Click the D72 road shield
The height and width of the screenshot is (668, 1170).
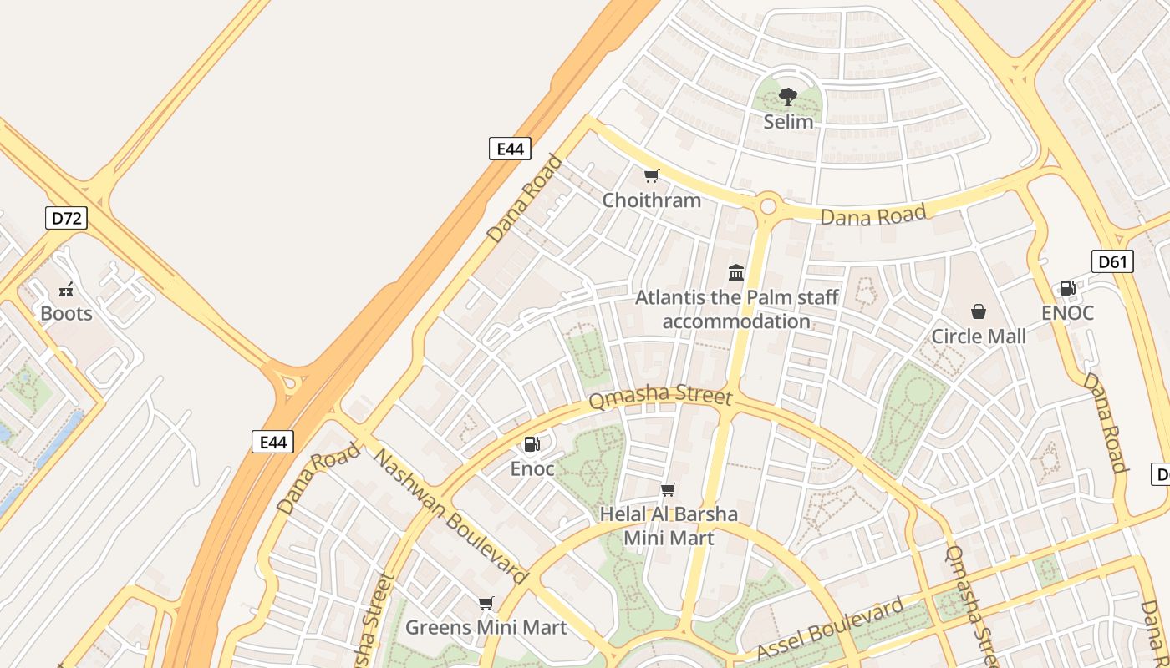[66, 219]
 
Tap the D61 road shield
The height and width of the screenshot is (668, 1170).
[1112, 261]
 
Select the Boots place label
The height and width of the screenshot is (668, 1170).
[66, 314]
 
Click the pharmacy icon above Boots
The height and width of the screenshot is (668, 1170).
[66, 290]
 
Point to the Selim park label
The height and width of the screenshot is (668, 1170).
[788, 122]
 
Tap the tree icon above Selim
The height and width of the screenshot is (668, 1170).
[788, 97]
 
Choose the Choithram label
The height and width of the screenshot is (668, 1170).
[652, 200]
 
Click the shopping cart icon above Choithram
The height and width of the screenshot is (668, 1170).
[652, 175]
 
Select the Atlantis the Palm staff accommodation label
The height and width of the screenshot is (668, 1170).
[736, 309]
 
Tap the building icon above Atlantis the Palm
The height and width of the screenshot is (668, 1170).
[736, 272]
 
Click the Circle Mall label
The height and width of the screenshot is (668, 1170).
[979, 337]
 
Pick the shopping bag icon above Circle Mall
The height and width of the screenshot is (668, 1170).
[979, 312]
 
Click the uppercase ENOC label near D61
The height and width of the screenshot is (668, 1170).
[1067, 313]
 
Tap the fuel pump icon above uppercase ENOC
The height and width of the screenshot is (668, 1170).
[1067, 288]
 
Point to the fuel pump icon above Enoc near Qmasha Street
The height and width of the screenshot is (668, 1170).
[532, 444]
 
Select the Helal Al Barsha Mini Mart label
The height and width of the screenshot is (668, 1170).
[669, 526]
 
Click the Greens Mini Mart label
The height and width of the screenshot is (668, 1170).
[486, 627]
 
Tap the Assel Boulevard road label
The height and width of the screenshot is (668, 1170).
[830, 629]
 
